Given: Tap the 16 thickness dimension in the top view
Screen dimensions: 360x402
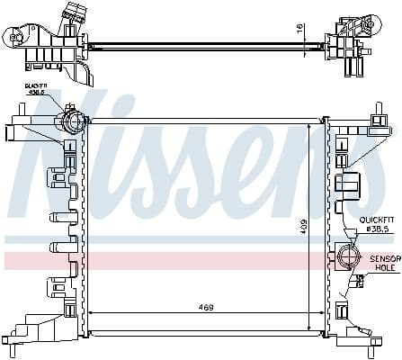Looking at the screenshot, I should tap(299, 30).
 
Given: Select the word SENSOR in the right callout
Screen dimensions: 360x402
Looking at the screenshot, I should tap(383, 258).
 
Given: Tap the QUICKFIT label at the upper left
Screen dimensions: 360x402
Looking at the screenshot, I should tap(62, 85).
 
